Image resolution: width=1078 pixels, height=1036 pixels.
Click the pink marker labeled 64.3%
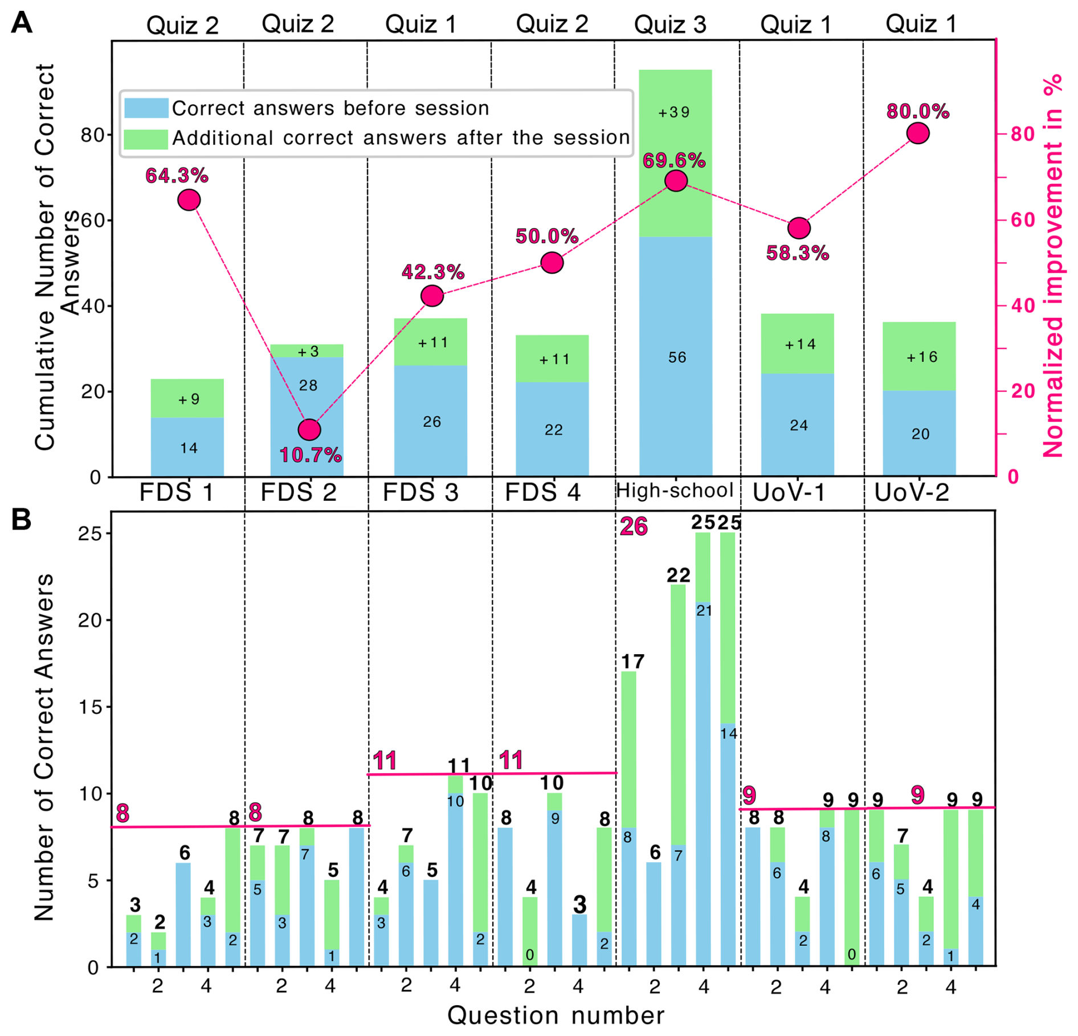[189, 200]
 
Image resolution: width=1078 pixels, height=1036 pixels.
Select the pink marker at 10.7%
[309, 430]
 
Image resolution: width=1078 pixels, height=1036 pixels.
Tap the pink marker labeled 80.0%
[918, 133]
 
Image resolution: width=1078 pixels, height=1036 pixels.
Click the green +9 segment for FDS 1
[187, 398]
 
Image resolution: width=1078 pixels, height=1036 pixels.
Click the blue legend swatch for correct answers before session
[146, 108]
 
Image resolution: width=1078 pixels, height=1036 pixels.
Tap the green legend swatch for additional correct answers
[146, 138]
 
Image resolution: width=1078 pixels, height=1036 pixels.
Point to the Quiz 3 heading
[669, 25]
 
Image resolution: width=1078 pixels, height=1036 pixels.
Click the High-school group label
[675, 491]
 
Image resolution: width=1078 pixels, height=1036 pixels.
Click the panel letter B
[21, 519]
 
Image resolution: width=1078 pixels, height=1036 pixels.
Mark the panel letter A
[21, 23]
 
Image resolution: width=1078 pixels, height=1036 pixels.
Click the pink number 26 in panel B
[634, 526]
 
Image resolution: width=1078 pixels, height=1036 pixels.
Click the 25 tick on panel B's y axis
[89, 534]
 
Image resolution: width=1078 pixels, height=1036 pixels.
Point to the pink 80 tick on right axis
[1022, 134]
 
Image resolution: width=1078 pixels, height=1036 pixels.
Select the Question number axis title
[556, 1015]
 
